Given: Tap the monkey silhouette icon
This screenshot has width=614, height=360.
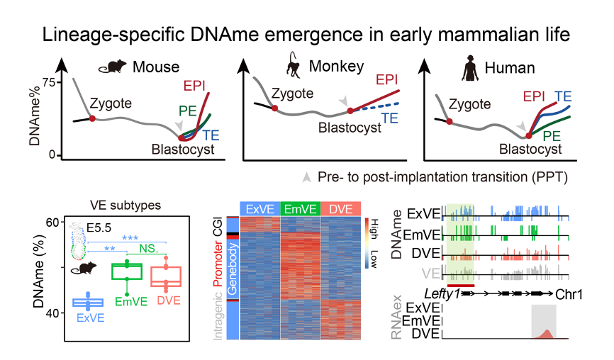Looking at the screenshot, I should coord(292,64).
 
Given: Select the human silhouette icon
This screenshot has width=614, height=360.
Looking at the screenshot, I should coord(469,67).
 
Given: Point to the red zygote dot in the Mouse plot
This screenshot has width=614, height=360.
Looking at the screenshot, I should coord(92,118).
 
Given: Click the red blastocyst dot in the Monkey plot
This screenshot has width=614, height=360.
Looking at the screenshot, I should coord(349,111).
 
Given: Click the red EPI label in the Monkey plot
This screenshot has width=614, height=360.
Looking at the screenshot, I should coord(389,79).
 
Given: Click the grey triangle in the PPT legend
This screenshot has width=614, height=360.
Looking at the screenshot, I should coord(306,174).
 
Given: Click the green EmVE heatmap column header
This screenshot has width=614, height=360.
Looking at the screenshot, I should coord(301,208).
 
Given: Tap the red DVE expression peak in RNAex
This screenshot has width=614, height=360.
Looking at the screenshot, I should coord(544,334).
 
